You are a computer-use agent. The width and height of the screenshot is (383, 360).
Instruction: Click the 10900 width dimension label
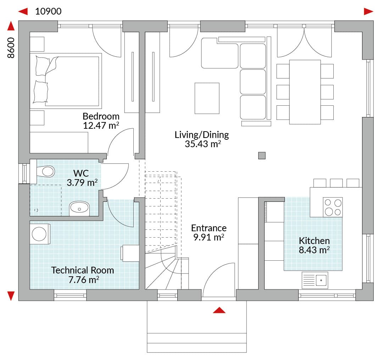pos(48,11)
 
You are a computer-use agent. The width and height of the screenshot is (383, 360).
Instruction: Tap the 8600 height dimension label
pos(11,48)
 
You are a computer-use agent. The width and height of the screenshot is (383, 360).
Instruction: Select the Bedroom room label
pos(101,116)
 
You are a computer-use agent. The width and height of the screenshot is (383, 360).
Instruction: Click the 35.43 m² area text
pos(203,144)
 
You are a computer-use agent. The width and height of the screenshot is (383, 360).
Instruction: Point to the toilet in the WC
pos(46,171)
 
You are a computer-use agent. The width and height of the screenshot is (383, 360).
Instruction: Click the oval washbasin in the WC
pos(79,208)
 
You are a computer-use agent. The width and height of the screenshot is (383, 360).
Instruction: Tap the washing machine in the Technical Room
pos(40,234)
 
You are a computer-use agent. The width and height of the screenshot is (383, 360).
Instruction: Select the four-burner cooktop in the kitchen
pos(333,207)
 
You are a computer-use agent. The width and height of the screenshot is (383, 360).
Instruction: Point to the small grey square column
pos(262,156)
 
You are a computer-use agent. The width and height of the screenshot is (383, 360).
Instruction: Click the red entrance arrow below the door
pos(219,310)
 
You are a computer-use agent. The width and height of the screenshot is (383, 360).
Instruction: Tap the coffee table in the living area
pos(207,99)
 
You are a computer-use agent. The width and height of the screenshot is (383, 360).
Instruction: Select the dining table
pos(305,92)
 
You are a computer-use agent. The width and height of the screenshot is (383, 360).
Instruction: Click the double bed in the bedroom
pos(66,81)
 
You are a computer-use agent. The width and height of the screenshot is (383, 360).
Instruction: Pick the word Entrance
pos(209,228)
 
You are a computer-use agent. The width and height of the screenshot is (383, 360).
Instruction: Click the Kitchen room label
pos(314,240)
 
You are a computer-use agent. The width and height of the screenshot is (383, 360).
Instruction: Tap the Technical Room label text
pos(83,270)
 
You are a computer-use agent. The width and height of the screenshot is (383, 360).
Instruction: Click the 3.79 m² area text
pos(82,182)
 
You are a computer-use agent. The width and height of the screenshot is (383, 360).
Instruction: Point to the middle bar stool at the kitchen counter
pos(336,183)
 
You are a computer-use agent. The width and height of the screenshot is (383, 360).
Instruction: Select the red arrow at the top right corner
pos(368,11)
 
